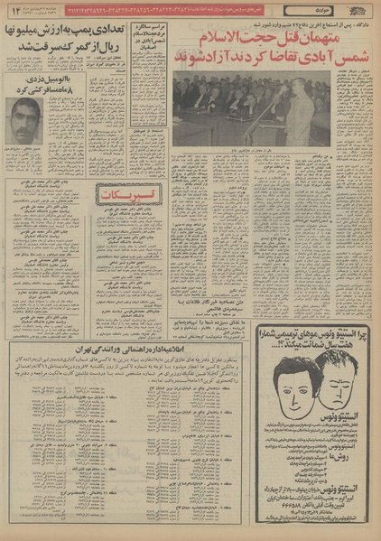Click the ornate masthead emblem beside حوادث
[x=358, y=9]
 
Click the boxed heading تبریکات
[x=128, y=197]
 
